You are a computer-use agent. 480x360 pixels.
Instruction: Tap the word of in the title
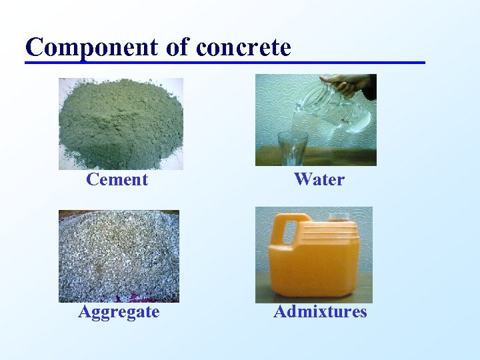pos(182,47)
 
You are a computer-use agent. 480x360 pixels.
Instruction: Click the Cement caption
pos(117,179)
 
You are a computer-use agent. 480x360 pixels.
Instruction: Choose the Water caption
pos(319,179)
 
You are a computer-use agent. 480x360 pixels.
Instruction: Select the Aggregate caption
pos(119,311)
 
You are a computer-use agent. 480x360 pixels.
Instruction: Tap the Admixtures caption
pos(320,311)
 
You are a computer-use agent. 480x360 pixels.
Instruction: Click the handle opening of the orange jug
pos(290,233)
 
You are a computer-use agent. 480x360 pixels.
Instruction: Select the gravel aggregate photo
pos(119,257)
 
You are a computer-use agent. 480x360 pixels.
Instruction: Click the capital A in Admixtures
pos(280,311)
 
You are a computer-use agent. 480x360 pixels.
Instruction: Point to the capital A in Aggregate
pos(85,311)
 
